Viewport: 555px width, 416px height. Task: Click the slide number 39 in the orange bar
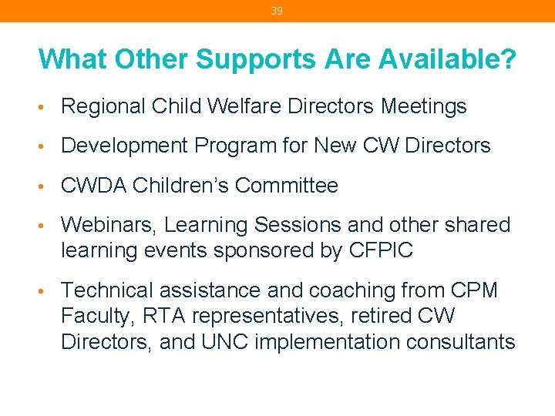[277, 11]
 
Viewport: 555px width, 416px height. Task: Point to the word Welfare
[245, 106]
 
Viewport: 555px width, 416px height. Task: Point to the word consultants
[462, 342]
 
